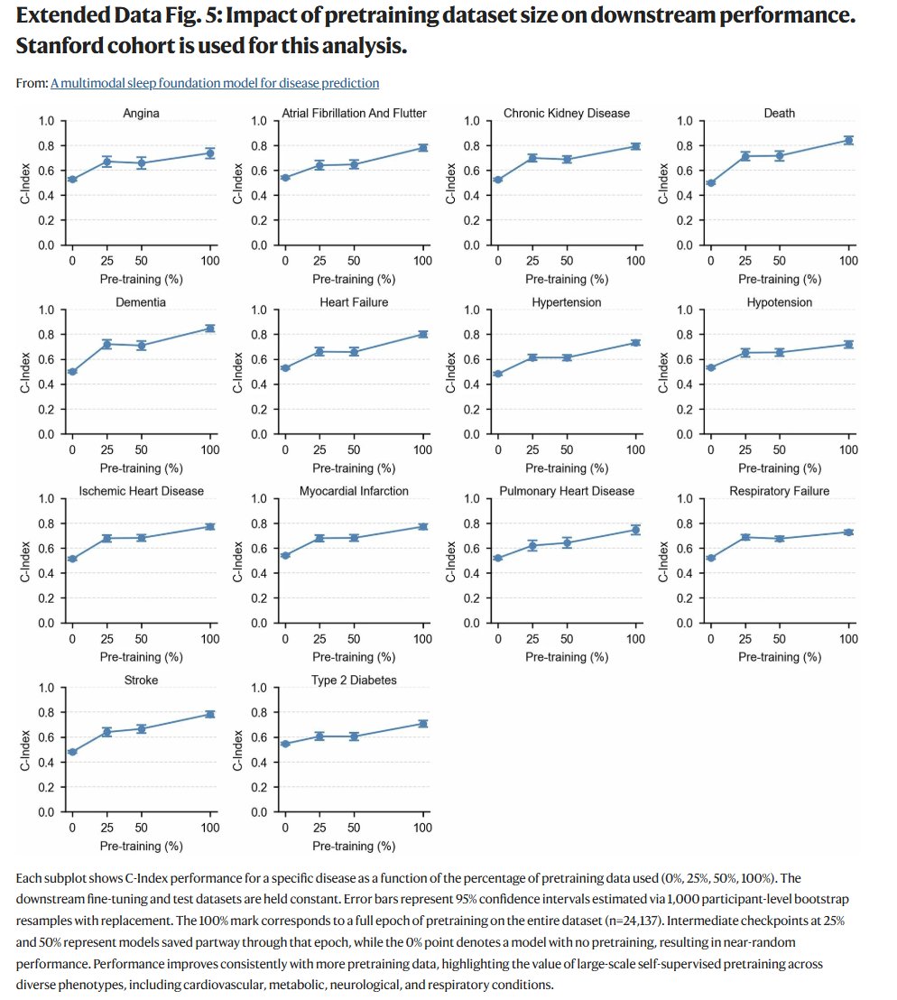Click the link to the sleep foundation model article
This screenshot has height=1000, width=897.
[x=215, y=83]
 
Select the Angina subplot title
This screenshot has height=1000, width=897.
[x=141, y=113]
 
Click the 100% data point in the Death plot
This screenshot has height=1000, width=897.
[x=848, y=140]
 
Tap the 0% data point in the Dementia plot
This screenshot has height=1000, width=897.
[x=72, y=371]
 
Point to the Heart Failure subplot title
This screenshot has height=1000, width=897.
[x=354, y=302]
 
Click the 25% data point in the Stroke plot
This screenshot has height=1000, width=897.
[x=106, y=732]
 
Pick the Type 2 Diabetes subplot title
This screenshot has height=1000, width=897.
[x=354, y=680]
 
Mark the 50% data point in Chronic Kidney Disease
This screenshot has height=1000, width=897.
[x=567, y=159]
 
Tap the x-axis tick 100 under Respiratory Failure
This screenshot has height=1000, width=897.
[x=848, y=639]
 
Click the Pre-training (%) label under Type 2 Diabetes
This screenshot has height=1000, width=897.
[x=354, y=846]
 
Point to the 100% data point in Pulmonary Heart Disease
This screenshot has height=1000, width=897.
[x=635, y=530]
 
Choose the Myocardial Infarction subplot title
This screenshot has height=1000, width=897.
[x=354, y=491]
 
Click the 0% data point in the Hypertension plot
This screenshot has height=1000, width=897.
[x=498, y=374]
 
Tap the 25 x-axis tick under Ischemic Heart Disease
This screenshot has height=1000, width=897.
[x=106, y=639]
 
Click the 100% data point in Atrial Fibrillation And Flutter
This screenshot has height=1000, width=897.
[x=422, y=147]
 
